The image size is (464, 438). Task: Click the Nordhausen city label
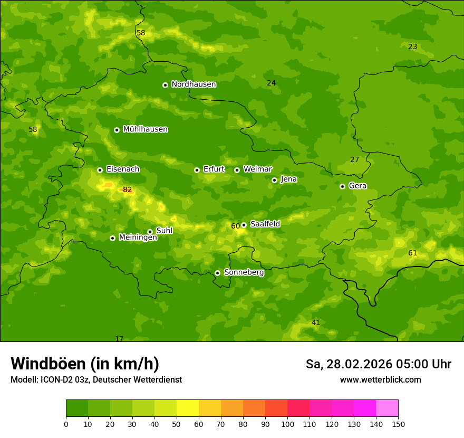tap(194, 84)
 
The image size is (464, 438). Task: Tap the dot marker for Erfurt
tap(197, 170)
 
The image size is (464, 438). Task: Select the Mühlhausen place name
tap(145, 129)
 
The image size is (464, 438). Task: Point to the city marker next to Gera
tap(342, 186)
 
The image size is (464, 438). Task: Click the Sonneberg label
tap(244, 272)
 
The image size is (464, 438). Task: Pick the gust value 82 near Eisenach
tap(128, 190)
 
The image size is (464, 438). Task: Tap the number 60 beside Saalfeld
tap(235, 226)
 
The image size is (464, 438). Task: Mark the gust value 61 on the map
tap(412, 253)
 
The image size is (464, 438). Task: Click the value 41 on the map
tap(316, 322)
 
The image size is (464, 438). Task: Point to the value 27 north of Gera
tap(354, 160)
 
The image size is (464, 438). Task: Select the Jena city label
tap(288, 179)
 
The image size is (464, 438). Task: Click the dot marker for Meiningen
tap(112, 238)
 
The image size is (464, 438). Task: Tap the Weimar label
tap(257, 169)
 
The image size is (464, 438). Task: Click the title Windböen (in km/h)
tap(84, 364)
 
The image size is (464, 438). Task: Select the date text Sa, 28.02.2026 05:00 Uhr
tap(378, 364)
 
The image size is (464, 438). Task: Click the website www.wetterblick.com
tap(380, 380)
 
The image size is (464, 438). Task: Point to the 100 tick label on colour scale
tap(287, 424)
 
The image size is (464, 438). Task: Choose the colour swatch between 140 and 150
tap(387, 408)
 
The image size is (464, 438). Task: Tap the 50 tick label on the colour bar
tap(177, 424)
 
